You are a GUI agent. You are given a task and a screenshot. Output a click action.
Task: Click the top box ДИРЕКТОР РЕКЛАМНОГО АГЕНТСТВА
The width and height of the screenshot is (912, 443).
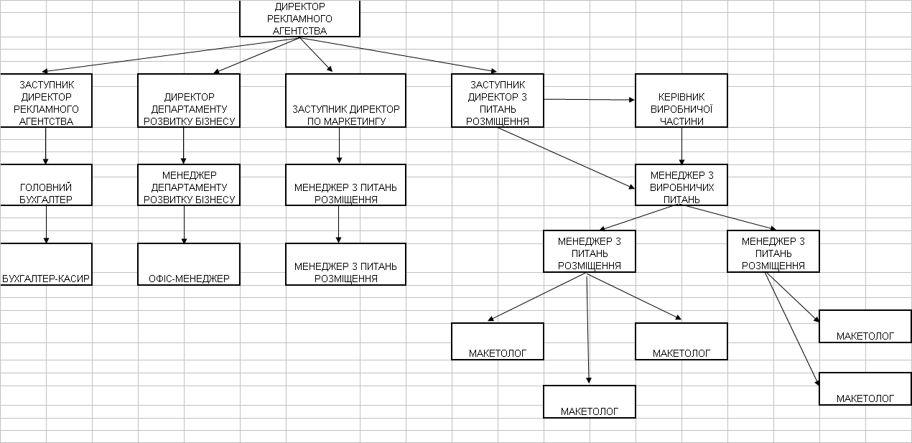tap(299, 19)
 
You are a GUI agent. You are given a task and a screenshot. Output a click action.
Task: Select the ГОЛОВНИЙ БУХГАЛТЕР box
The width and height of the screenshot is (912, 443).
tap(47, 185)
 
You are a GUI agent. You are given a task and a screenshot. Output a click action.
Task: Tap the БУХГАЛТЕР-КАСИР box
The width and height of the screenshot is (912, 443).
tap(47, 264)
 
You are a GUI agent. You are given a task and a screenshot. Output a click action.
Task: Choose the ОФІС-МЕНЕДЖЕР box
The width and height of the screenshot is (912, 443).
tap(189, 264)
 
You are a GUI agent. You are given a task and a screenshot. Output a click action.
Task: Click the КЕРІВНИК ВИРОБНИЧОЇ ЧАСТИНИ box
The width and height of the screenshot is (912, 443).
tap(681, 101)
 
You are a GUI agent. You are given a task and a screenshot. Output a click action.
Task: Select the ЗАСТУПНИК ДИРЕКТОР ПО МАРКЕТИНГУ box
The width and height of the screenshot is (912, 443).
tap(345, 101)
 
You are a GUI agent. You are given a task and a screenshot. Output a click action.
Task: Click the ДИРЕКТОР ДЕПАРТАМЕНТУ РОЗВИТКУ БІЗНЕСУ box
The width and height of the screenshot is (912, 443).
tap(189, 101)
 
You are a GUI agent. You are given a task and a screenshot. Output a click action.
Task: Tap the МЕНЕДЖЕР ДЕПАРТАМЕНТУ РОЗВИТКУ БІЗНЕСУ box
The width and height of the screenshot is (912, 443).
tap(189, 185)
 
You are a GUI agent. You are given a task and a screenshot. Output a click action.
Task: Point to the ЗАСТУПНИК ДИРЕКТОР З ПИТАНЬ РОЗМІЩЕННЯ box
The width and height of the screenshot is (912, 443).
tap(498, 100)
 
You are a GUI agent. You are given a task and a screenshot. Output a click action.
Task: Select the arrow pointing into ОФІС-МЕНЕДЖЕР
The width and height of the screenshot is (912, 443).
tap(184, 224)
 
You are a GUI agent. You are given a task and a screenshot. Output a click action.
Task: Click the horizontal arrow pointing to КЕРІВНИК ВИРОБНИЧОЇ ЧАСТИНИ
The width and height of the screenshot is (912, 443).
tap(589, 100)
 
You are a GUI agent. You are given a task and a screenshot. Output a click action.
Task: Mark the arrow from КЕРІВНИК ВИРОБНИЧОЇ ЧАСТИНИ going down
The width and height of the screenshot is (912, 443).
tap(681, 146)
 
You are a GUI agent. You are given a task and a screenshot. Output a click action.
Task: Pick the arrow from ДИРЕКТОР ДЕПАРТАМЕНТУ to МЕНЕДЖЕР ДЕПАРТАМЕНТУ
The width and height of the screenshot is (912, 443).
tap(184, 146)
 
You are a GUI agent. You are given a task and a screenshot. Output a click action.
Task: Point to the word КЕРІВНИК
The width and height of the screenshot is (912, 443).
tap(681, 97)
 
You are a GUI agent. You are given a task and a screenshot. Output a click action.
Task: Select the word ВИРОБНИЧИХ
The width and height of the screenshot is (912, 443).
tap(681, 187)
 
